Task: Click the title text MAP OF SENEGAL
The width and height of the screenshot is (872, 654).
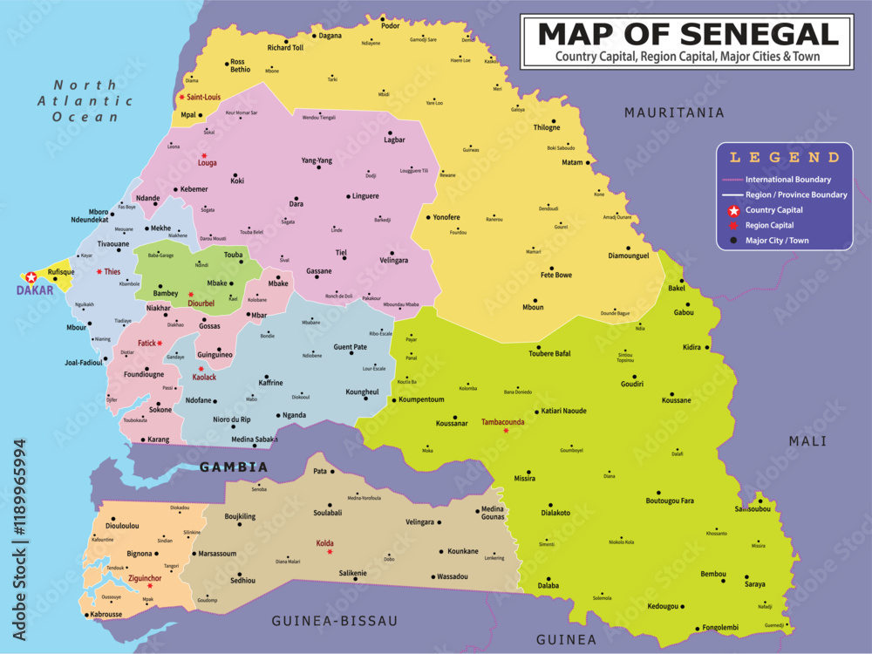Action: point(687,33)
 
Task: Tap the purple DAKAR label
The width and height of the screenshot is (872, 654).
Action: point(36,290)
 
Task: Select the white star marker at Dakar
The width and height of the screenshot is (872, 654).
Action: point(31,276)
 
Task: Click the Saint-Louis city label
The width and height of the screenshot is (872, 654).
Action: point(203,98)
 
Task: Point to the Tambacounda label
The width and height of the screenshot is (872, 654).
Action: point(503,421)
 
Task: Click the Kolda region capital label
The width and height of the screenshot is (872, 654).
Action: point(324,544)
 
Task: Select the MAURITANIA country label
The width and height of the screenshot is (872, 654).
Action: point(674,112)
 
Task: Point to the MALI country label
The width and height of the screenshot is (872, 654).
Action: point(807,441)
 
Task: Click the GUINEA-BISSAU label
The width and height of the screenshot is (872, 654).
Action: point(335,621)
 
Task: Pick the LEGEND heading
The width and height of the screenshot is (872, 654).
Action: point(784,158)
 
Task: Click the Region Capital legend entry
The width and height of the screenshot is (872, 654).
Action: point(769,225)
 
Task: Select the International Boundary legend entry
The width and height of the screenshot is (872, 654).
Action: point(787,180)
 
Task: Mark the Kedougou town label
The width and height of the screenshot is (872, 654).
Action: point(666,606)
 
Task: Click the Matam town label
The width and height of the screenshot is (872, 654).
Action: point(572,162)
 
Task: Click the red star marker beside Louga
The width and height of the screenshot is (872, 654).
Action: point(204,155)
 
